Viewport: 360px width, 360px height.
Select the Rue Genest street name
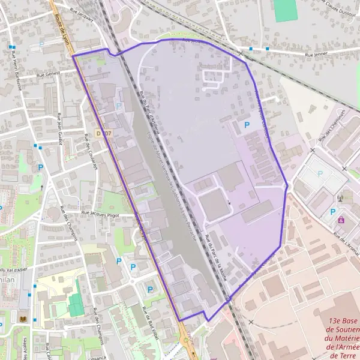click(x=49, y=75)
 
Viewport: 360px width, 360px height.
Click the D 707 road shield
click(x=103, y=133)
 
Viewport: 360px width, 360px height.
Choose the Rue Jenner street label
click(x=317, y=55)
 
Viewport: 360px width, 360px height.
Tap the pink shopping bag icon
click(x=341, y=220)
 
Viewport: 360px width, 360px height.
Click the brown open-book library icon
click(x=23, y=318)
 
